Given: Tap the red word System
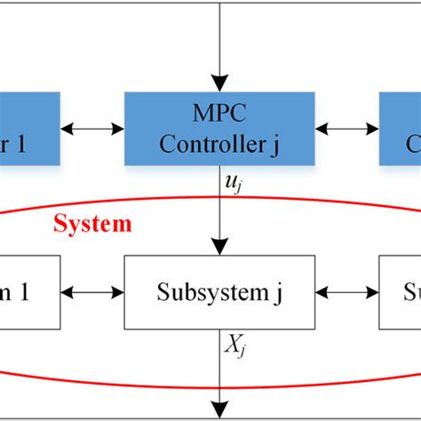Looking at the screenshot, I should [91, 223].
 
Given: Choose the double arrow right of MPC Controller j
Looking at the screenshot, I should [347, 129].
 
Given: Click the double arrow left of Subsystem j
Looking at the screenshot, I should [92, 290].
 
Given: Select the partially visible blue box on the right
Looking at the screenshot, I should [400, 128].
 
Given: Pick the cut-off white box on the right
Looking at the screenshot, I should [400, 290].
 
